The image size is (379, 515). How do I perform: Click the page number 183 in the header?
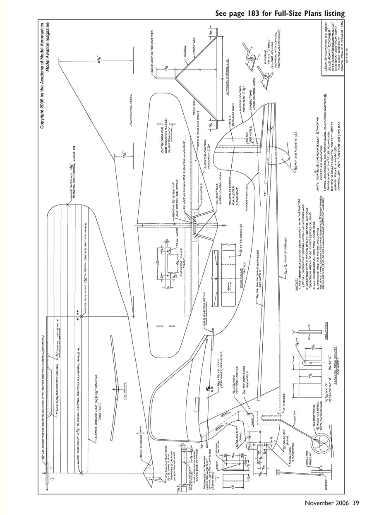[x=259, y=14]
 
